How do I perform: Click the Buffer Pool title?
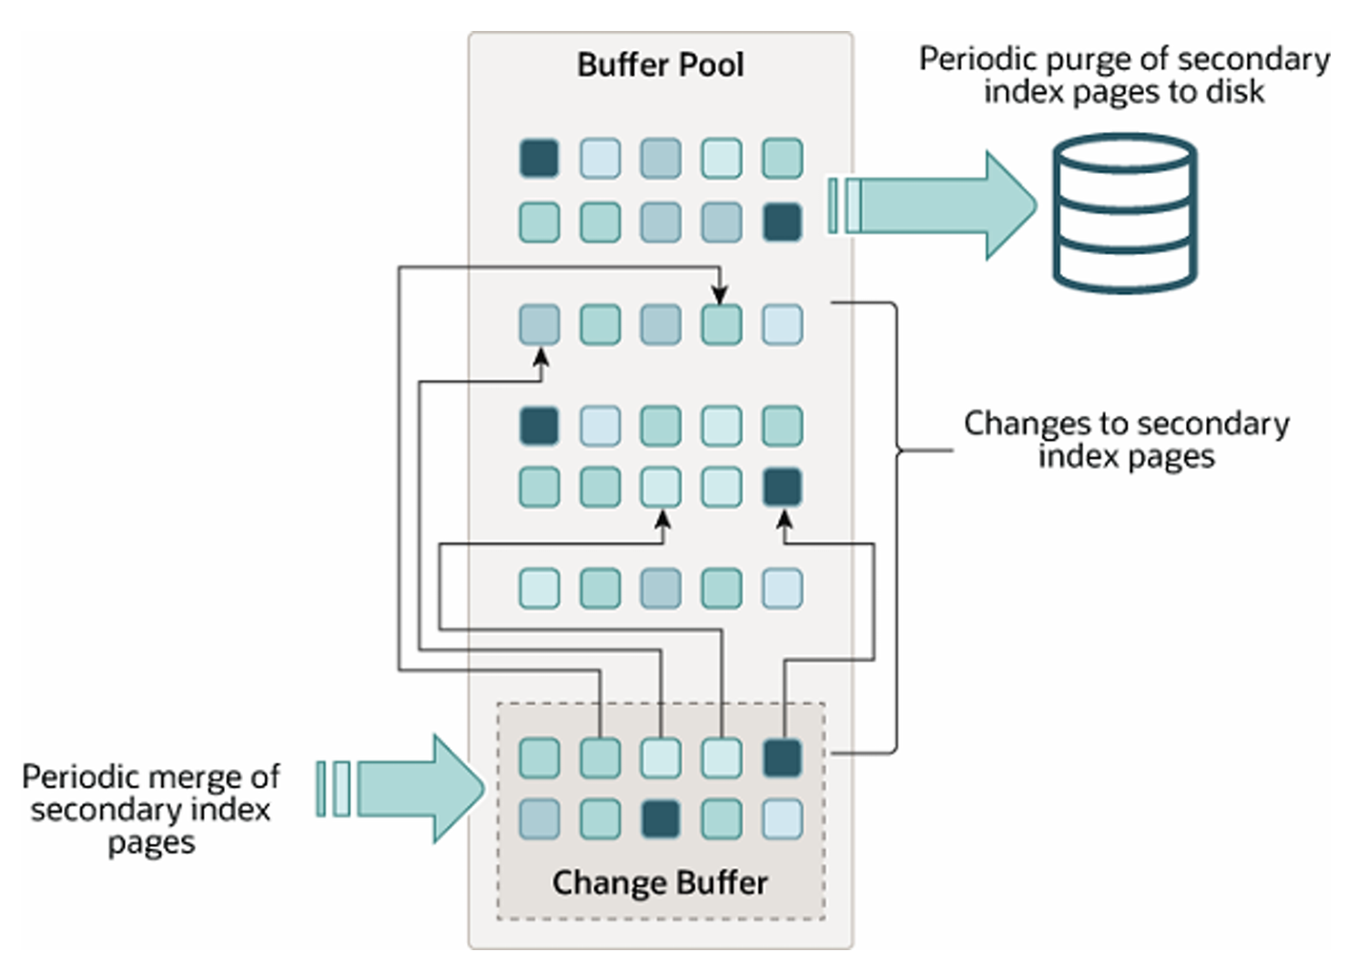coord(660,65)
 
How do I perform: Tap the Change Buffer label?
coord(660,882)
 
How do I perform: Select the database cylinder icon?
coord(1125,213)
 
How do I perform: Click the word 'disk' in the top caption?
coord(1234,92)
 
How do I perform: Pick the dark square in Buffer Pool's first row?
coord(539,157)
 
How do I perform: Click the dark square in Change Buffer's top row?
coord(782,758)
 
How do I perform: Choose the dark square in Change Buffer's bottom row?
coord(661,819)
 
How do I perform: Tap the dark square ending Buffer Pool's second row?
coord(782,222)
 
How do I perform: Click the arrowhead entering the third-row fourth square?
coord(720,294)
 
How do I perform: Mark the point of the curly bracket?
coord(899,450)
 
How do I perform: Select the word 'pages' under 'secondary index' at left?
coord(151,843)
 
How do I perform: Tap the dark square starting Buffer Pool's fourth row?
coord(539,425)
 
